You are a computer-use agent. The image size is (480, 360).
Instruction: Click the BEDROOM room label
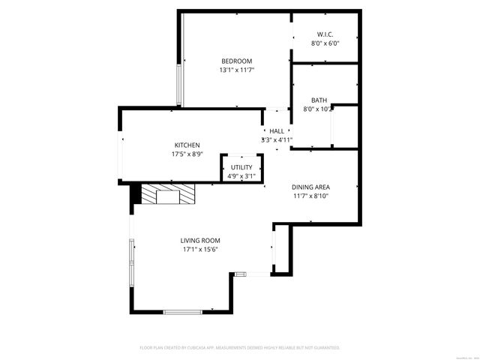tap(235, 61)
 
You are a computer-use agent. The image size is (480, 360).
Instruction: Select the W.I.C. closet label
tap(325, 34)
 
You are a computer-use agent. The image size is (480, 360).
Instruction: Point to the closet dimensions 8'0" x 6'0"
tap(325, 43)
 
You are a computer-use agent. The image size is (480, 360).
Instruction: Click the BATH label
tap(319, 100)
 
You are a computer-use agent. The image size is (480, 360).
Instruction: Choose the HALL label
tap(277, 130)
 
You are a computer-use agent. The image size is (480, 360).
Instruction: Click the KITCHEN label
tap(187, 145)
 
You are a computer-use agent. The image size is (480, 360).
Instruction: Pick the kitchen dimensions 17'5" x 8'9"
tap(187, 154)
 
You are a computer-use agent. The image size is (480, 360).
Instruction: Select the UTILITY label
tap(241, 167)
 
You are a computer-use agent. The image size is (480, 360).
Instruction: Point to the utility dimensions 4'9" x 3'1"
tap(241, 176)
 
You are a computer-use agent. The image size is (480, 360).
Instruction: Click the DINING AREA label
tap(310, 187)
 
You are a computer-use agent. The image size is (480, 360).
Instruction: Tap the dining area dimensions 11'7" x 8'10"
tap(310, 196)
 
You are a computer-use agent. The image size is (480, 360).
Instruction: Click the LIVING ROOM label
tap(199, 241)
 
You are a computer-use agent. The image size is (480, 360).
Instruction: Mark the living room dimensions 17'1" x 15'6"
tap(199, 250)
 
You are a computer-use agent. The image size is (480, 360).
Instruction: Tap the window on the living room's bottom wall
tap(183, 311)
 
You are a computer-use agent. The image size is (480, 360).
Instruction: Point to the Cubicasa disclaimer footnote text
tap(240, 348)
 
